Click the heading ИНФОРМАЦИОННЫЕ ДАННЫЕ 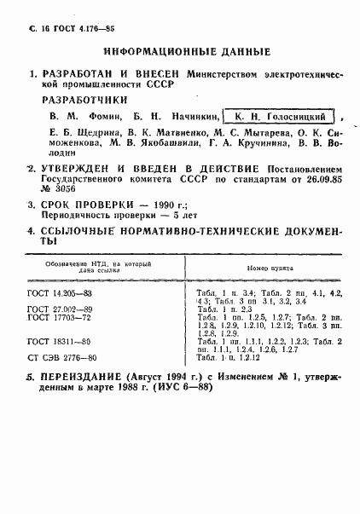pos(180,51)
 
